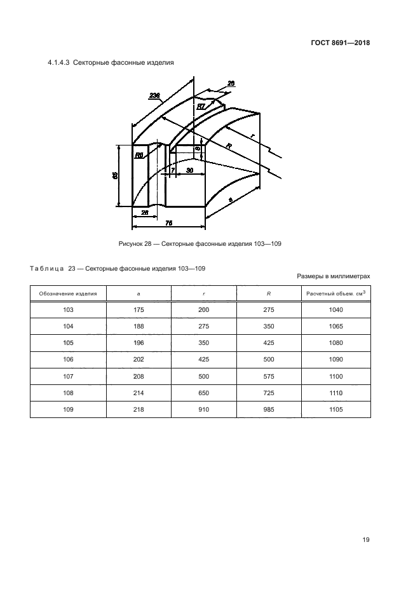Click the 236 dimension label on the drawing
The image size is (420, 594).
point(154,95)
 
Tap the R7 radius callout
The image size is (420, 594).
point(200,106)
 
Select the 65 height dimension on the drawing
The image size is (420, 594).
point(115,175)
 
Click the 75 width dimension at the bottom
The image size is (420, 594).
point(168,223)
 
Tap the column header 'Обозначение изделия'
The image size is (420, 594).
point(68,294)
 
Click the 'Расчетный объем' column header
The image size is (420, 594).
point(336,294)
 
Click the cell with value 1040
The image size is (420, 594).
point(336,309)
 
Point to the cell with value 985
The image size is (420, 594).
point(269,410)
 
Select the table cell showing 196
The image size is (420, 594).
point(139,343)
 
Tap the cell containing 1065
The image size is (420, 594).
point(336,327)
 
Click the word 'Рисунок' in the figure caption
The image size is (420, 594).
point(132,244)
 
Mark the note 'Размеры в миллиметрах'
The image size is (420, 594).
point(333,276)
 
